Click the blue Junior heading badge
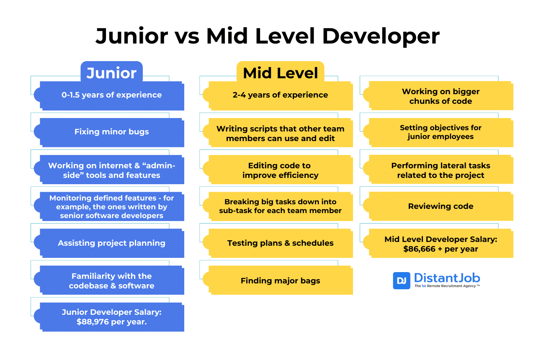(x=111, y=73)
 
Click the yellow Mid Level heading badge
(x=280, y=73)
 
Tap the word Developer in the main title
(x=381, y=36)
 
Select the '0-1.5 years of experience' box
(x=111, y=95)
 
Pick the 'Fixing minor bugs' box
(x=111, y=132)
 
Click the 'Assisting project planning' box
(x=111, y=243)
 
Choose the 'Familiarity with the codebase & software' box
(x=111, y=281)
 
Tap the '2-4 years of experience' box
(x=280, y=95)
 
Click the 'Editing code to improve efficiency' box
(x=280, y=170)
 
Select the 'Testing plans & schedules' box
(x=280, y=243)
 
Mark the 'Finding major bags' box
(x=280, y=281)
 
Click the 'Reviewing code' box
(x=441, y=206)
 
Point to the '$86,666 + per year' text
(x=441, y=249)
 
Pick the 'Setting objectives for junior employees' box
(x=441, y=132)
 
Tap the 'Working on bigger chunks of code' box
(x=441, y=96)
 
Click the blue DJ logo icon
(x=402, y=280)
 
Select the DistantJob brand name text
(x=447, y=278)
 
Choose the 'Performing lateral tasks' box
(x=441, y=170)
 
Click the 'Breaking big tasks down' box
(x=280, y=206)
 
